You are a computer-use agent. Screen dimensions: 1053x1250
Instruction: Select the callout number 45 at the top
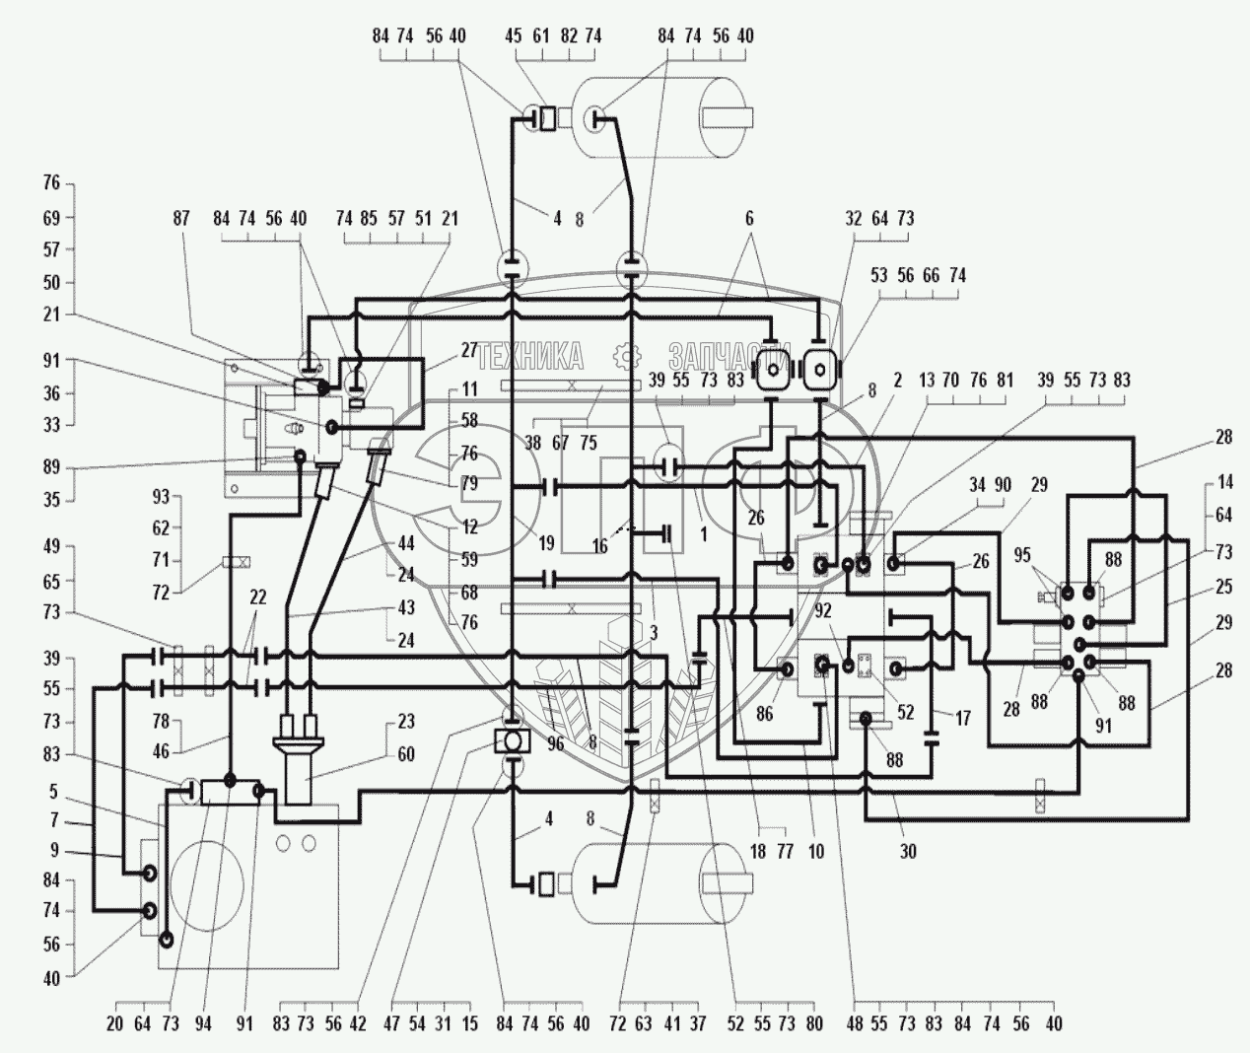513,36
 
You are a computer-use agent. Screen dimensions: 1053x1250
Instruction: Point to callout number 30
907,851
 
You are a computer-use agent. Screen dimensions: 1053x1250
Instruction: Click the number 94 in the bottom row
203,1024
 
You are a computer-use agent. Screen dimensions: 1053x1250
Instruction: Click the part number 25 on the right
1224,587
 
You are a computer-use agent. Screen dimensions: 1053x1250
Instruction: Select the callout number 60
405,754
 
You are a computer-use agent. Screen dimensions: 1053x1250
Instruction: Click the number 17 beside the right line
962,718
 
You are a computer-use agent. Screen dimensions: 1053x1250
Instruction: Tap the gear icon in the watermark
622,355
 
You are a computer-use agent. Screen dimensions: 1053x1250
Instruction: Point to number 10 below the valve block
815,851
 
